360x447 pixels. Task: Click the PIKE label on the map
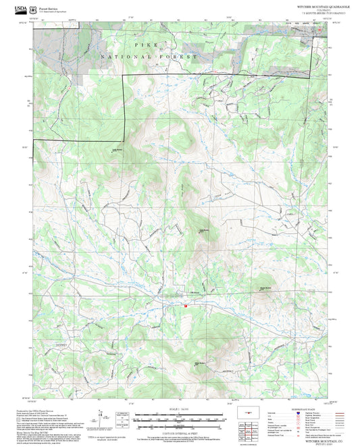click(x=147, y=45)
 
